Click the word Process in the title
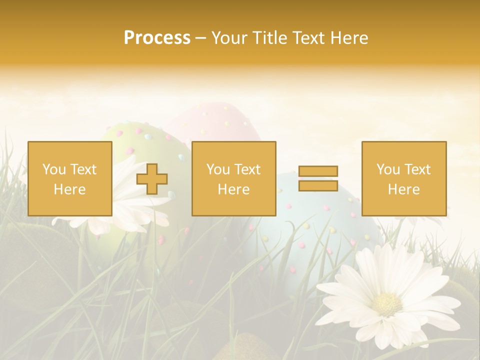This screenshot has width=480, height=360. pos(157,38)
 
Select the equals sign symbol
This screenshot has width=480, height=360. pos(318,178)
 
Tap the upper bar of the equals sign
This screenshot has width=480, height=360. pos(318,171)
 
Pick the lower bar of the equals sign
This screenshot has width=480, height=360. pos(318,185)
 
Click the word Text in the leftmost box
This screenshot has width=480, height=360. pos(83,169)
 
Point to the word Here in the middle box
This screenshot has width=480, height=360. pos(234,189)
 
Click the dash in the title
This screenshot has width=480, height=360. pos(201,38)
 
